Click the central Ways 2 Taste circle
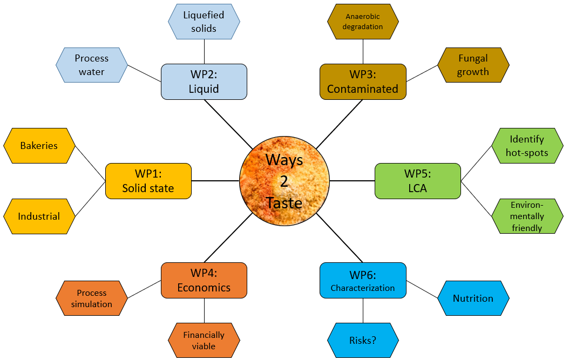pyautogui.click(x=284, y=181)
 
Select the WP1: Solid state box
pyautogui.click(x=148, y=181)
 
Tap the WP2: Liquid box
pyautogui.click(x=204, y=81)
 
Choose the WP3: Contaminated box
pyautogui.click(x=363, y=81)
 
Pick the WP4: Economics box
pyautogui.click(x=204, y=280)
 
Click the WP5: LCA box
pyautogui.click(x=418, y=181)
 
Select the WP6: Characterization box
pyautogui.click(x=363, y=280)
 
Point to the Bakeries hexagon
pyautogui.click(x=39, y=146)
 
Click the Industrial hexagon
pyautogui.click(x=39, y=216)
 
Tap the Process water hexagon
pyautogui.click(x=92, y=65)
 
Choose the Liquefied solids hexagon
pyautogui.click(x=204, y=22)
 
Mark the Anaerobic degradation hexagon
pyautogui.click(x=363, y=22)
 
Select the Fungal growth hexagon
pyautogui.click(x=473, y=65)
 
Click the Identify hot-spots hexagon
pyautogui.click(x=527, y=146)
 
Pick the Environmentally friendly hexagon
pyautogui.click(x=527, y=216)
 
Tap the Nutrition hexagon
pyautogui.click(x=473, y=298)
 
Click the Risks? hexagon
pyautogui.click(x=363, y=341)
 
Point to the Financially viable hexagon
pyautogui.click(x=204, y=341)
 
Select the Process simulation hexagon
pyautogui.click(x=92, y=298)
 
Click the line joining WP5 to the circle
pyautogui.click(x=352, y=181)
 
